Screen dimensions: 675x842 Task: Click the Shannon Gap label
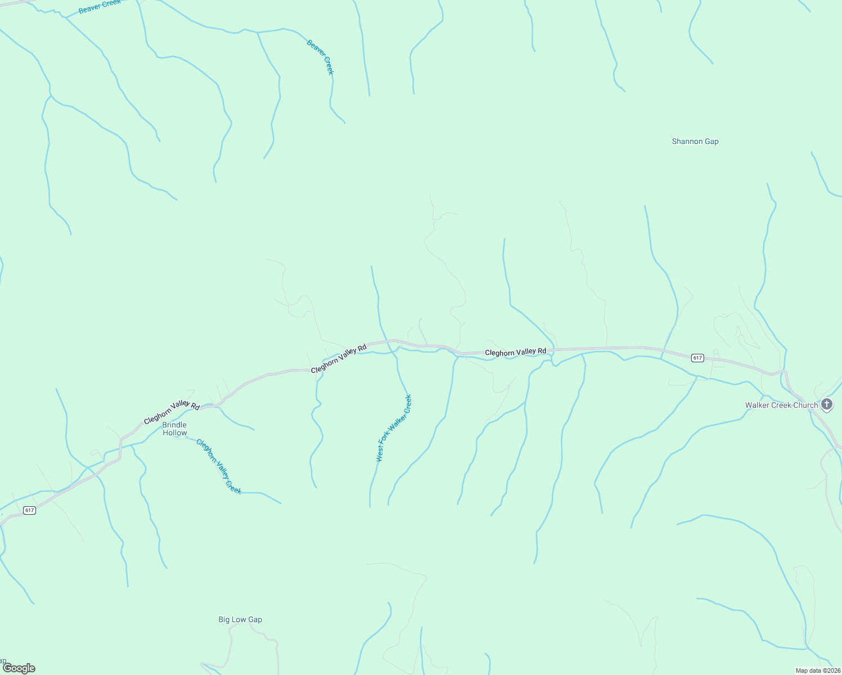[x=695, y=142]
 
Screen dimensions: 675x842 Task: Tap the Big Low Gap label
[x=240, y=620]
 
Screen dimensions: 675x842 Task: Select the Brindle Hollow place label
[x=174, y=429]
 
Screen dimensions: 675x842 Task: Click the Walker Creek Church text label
[x=781, y=405]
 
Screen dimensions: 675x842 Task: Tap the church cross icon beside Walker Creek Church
[x=827, y=404]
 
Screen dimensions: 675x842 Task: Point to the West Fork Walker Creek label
[x=394, y=429]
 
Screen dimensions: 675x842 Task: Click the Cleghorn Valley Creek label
[x=219, y=466]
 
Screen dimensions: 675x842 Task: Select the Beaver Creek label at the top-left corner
[x=100, y=7]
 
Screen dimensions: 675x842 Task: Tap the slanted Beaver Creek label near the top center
[x=320, y=57]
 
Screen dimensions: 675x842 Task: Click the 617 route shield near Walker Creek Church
[x=697, y=358]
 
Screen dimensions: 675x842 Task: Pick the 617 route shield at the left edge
[x=30, y=510]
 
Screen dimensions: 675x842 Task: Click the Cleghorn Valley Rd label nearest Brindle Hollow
[x=172, y=413]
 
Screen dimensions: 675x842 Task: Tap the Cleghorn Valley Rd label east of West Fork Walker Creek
[x=516, y=352]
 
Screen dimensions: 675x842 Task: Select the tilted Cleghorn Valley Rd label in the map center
[x=339, y=358]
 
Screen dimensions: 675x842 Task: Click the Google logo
[x=19, y=668]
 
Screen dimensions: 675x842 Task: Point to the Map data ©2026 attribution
[x=817, y=670]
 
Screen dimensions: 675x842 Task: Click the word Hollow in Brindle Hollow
[x=174, y=433]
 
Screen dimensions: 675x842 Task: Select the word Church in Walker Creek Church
[x=805, y=405]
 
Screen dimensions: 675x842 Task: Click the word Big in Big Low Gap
[x=224, y=620]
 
